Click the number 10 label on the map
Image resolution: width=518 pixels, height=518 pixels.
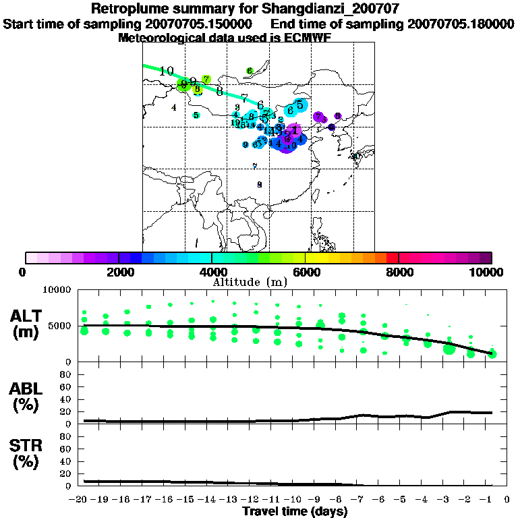click(x=167, y=71)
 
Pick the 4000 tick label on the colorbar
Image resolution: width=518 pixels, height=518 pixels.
click(x=212, y=272)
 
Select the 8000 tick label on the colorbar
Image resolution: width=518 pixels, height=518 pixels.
click(x=399, y=272)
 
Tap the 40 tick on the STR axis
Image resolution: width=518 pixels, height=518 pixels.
click(x=66, y=461)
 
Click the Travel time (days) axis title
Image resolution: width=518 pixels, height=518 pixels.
click(x=295, y=511)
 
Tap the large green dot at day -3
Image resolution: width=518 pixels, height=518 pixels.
click(x=449, y=349)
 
